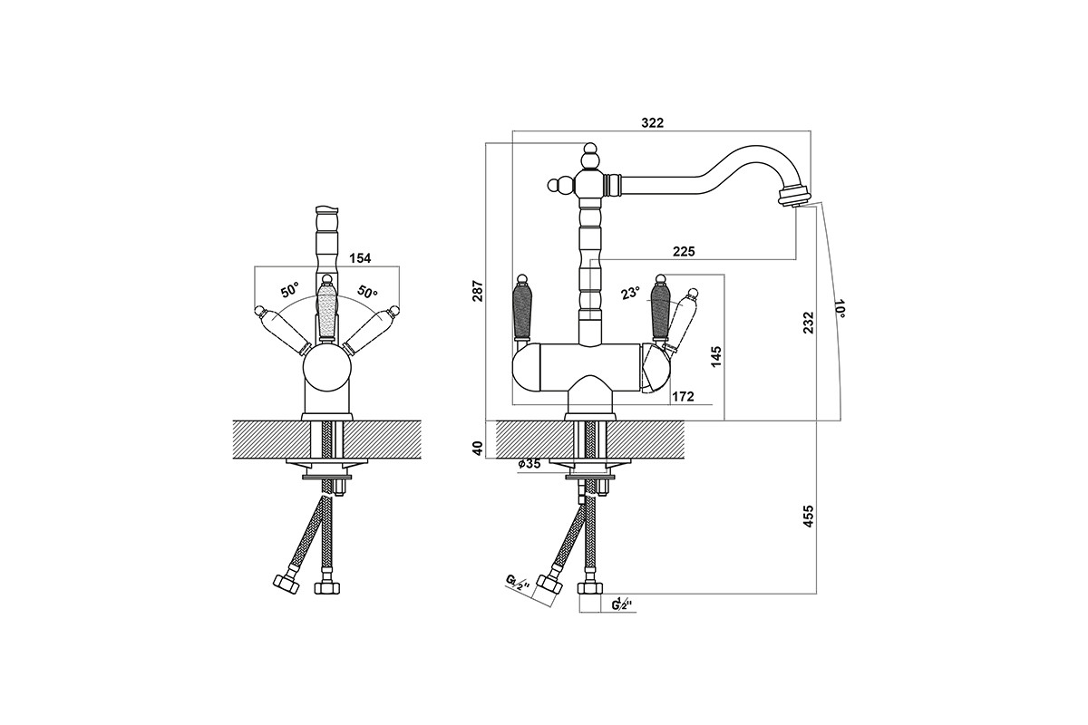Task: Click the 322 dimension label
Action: (652, 122)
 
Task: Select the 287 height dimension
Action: (479, 290)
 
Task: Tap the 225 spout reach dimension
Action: (684, 251)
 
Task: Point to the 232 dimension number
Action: (808, 322)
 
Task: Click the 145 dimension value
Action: (716, 356)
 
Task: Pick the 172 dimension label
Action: (683, 397)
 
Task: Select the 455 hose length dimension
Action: (808, 517)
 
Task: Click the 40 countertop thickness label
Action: (479, 448)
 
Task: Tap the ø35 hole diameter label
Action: (529, 464)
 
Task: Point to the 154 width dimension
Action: (360, 258)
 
